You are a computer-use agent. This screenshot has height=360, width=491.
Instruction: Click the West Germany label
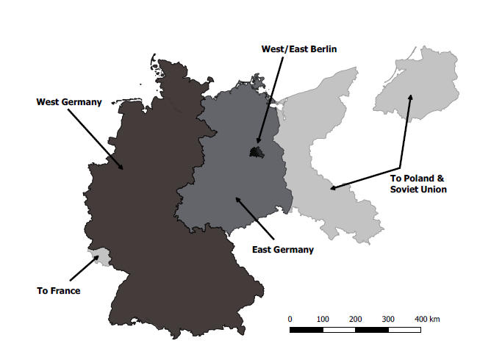click(x=69, y=102)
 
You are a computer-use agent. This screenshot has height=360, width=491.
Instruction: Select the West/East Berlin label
click(x=298, y=49)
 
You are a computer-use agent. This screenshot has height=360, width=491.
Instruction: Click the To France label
click(x=58, y=291)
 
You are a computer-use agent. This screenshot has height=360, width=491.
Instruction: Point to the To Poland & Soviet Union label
click(x=417, y=184)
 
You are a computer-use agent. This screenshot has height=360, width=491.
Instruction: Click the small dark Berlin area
click(x=256, y=152)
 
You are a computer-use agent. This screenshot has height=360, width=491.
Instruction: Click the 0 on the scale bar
click(x=290, y=319)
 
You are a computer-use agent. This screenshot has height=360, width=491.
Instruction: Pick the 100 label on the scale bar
click(x=322, y=319)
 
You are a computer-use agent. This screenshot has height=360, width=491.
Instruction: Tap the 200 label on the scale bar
click(x=355, y=319)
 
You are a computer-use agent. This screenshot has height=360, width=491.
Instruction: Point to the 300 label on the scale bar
click(x=388, y=319)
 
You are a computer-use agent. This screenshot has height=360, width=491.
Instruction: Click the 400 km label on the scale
click(x=426, y=319)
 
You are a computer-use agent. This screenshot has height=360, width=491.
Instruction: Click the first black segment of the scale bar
click(x=306, y=330)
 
